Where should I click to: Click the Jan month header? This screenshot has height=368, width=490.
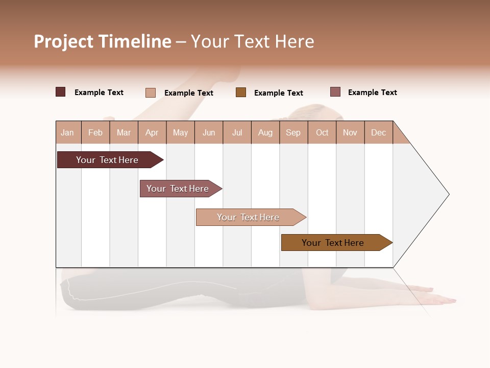click(x=68, y=132)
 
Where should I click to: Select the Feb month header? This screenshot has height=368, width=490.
click(x=95, y=132)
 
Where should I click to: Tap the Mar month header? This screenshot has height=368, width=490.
click(x=124, y=132)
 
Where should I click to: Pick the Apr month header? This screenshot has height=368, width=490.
click(x=152, y=132)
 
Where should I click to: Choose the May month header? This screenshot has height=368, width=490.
click(x=180, y=132)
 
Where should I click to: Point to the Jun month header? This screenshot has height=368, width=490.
click(x=209, y=132)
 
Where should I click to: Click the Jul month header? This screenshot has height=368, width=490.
click(x=237, y=132)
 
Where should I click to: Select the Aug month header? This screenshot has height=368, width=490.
click(x=265, y=132)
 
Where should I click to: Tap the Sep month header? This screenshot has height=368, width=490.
click(x=293, y=132)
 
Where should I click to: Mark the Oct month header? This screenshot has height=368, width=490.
click(x=322, y=132)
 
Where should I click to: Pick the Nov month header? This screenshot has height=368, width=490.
click(x=350, y=132)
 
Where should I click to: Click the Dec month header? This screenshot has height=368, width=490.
click(x=379, y=132)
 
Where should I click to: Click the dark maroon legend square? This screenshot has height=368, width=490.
click(x=61, y=92)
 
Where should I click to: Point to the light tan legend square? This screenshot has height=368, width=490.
click(x=151, y=93)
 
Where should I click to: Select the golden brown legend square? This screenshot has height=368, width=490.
click(x=241, y=92)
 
